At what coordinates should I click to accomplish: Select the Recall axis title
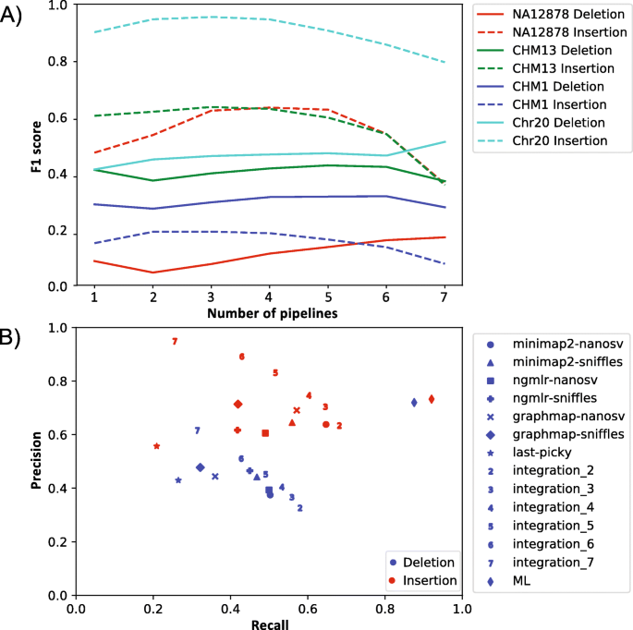tap(269, 624)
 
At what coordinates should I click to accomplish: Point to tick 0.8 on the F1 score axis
tap(58, 61)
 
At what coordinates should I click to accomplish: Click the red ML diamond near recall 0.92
tap(432, 399)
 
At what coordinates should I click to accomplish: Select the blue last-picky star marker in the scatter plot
tap(178, 480)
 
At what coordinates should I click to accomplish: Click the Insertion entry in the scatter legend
tap(430, 581)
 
